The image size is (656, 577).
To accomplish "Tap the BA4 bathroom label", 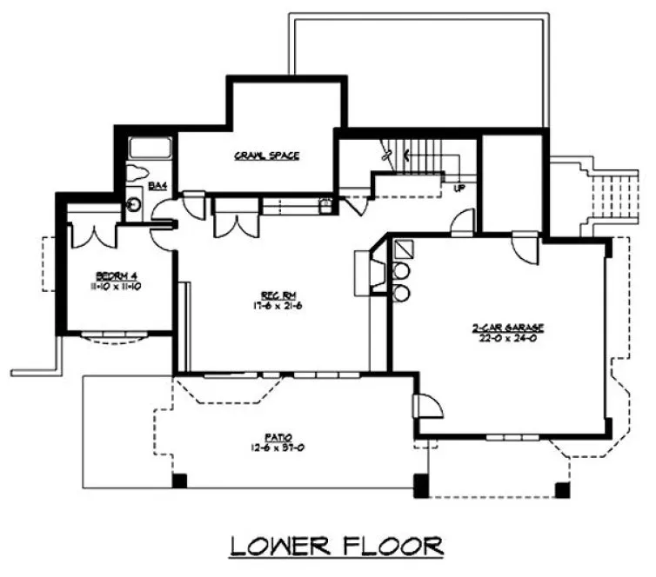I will click(x=157, y=185).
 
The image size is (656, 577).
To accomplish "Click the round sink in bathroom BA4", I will click(x=133, y=204).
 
